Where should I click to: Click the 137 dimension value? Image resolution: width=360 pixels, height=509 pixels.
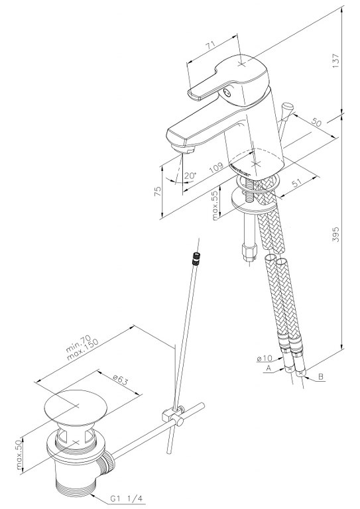(335, 61)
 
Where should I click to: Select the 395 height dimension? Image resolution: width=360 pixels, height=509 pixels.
(335, 234)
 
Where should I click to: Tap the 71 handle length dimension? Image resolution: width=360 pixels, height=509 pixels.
(213, 45)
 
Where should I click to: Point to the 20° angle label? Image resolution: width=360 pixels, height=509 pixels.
(190, 176)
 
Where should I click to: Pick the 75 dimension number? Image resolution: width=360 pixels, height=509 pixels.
(158, 191)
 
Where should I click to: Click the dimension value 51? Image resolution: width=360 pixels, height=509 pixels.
(298, 184)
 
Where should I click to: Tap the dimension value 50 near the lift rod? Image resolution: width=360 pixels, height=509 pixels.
(316, 122)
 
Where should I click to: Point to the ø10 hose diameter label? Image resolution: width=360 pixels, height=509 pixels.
(264, 359)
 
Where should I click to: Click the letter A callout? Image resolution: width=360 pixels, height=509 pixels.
(268, 368)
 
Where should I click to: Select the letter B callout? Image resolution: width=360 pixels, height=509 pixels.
(321, 376)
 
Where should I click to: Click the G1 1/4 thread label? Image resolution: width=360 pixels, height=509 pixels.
(126, 498)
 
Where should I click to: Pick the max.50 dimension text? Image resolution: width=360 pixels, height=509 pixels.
(19, 455)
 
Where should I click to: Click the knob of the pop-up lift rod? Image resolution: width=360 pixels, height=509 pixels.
(287, 107)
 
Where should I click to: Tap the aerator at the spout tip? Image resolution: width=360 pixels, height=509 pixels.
(183, 150)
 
